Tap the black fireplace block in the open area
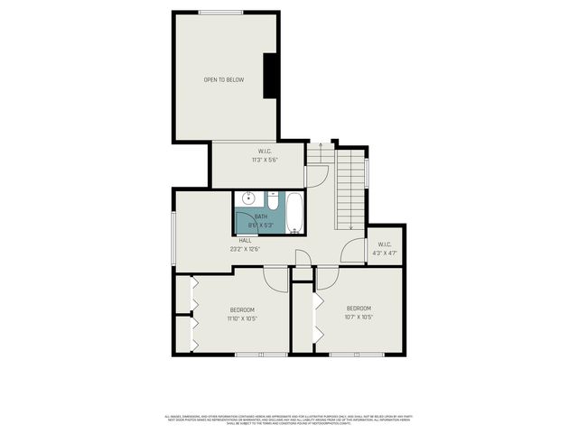269,76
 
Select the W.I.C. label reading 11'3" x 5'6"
265,156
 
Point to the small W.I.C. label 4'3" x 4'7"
385,249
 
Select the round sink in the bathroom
248,199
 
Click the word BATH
260,216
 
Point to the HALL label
245,240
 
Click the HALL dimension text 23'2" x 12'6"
245,248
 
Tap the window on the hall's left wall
174,239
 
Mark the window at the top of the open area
221,12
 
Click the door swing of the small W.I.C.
353,253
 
